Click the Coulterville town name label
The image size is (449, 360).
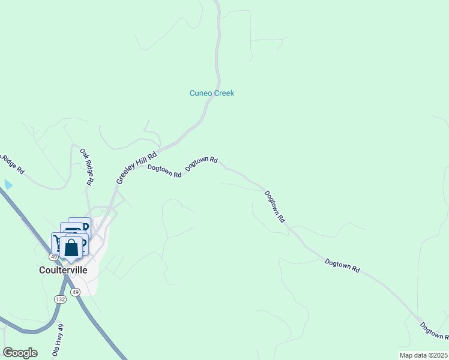[x=67, y=270]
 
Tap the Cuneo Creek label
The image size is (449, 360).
[x=211, y=93]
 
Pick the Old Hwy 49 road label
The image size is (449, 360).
[x=58, y=340]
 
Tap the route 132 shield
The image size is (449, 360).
[x=60, y=299]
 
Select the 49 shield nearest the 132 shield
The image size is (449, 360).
[x=74, y=292]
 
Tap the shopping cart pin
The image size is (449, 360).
[x=59, y=243]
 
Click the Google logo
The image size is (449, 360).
[x=20, y=353]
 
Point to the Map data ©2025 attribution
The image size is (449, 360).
[x=423, y=355]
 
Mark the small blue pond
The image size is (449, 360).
[x=7, y=184]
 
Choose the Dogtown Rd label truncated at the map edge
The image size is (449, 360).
[x=433, y=331]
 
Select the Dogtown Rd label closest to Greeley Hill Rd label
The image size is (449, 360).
[x=164, y=172]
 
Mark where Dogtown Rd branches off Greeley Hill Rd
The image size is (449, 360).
[x=160, y=148]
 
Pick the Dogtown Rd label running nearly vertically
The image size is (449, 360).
[x=274, y=207]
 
